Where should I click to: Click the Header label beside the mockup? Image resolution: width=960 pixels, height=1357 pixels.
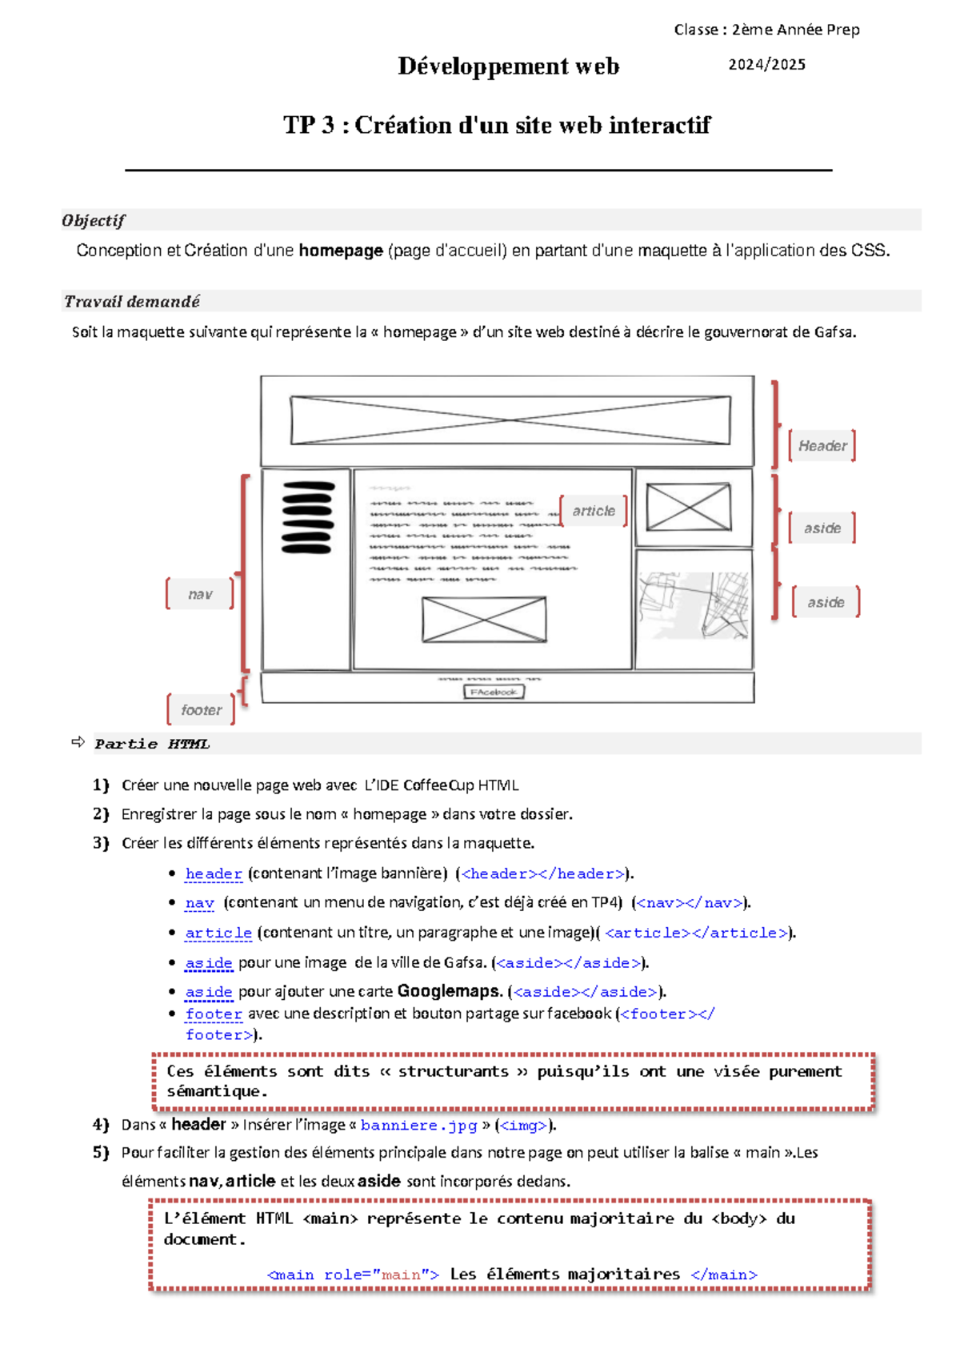(822, 446)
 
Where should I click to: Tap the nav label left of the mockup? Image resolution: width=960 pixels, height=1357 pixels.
(200, 594)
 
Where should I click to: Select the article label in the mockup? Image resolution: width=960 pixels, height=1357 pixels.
(594, 511)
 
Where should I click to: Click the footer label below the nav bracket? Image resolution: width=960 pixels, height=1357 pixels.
(201, 709)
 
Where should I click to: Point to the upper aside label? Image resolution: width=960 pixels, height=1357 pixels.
(822, 528)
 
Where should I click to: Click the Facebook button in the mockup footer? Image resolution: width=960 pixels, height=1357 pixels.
(494, 692)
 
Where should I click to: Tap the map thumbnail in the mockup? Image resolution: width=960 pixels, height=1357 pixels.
(694, 606)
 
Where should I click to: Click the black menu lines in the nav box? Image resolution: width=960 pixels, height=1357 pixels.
(307, 517)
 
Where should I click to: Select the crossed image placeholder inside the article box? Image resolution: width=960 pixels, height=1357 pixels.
(484, 619)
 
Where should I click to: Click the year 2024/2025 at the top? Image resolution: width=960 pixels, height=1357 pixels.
(766, 65)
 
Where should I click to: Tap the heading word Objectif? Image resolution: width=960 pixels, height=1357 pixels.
(94, 220)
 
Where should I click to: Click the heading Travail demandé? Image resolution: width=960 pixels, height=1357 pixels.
(132, 301)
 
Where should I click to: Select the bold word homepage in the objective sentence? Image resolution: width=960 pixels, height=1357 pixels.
(340, 251)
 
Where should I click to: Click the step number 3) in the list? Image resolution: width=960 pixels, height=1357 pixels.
(101, 843)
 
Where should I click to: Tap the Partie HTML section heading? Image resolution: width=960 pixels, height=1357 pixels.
(152, 744)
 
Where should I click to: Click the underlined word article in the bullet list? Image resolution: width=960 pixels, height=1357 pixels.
(218, 933)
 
